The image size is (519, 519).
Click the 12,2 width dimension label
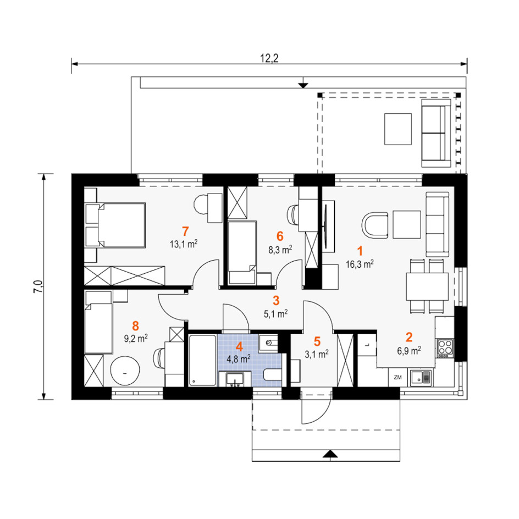[269, 58]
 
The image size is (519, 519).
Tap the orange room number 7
[185, 231]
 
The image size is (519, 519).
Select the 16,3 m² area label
[360, 264]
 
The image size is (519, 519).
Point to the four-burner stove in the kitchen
[445, 348]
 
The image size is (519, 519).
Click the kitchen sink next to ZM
[421, 378]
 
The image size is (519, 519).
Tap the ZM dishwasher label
[397, 377]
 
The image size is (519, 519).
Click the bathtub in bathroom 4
[202, 360]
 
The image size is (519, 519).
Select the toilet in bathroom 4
[272, 376]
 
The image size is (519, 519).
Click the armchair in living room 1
[375, 225]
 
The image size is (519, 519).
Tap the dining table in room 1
[427, 286]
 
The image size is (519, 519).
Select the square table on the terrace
[398, 129]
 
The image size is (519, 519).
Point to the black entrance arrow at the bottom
[330, 454]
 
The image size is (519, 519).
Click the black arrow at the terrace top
[302, 85]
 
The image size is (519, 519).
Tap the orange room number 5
[317, 341]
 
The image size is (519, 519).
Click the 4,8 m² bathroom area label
[238, 359]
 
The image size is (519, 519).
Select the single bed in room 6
[242, 252]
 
